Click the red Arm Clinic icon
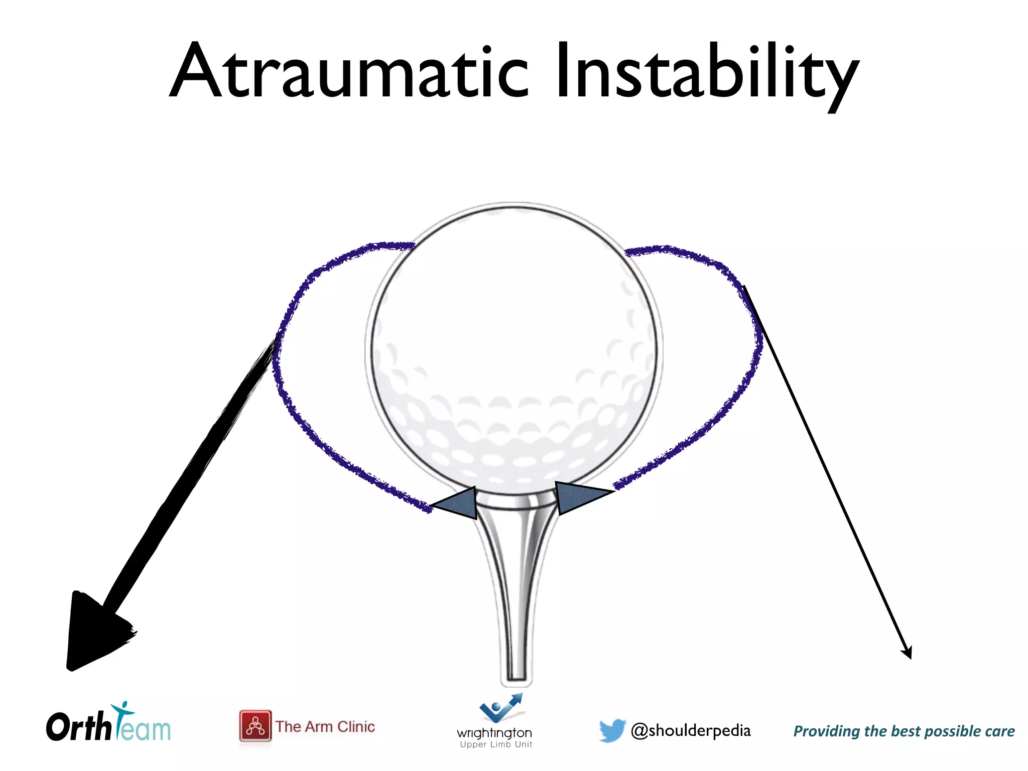pos(255,726)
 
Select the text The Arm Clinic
pos(325,726)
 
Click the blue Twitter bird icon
pos(612,730)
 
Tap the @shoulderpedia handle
pos(691,731)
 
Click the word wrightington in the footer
pos(494,733)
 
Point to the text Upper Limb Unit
pos(496,744)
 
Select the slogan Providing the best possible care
pos(904,731)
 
